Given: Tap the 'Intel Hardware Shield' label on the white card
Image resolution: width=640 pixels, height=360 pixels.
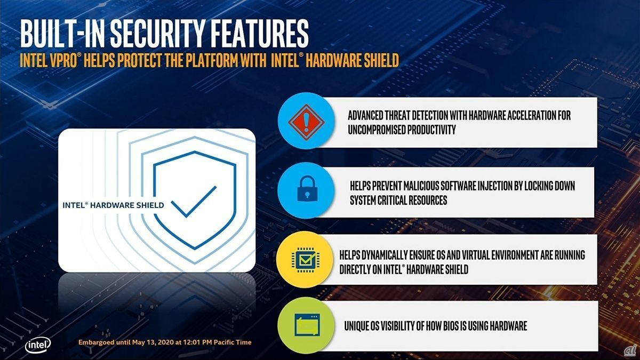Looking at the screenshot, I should pyautogui.click(x=113, y=205).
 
